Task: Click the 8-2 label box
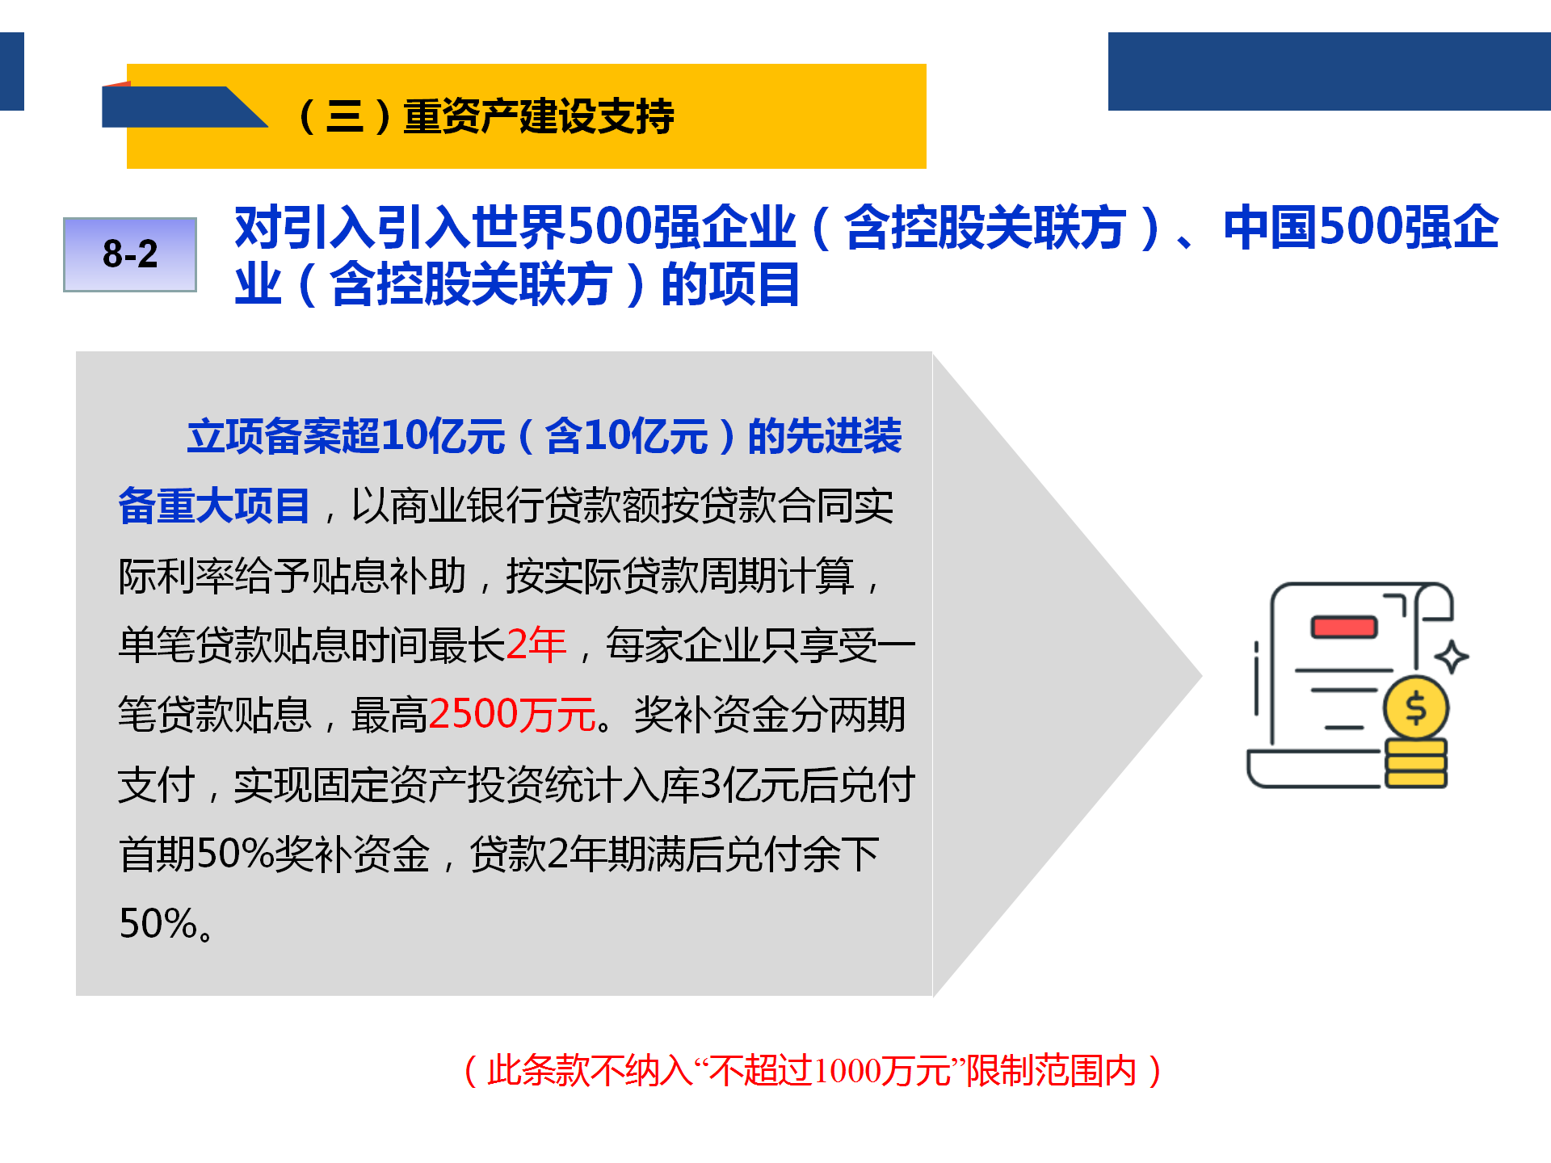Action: (130, 254)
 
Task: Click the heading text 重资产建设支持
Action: (538, 116)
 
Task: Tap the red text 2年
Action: (536, 645)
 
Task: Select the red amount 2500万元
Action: (512, 715)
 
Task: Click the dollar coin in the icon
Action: (1415, 708)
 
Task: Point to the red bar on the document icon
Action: (1343, 627)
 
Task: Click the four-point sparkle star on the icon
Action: (1452, 657)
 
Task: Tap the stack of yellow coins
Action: (1415, 762)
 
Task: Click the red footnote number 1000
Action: (847, 1072)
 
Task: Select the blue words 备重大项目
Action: (214, 506)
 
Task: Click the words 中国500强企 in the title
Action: (1361, 228)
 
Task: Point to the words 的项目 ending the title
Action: (730, 284)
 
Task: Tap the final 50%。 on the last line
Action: (166, 923)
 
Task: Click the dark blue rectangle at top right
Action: (1329, 71)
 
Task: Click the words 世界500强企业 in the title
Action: (633, 228)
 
